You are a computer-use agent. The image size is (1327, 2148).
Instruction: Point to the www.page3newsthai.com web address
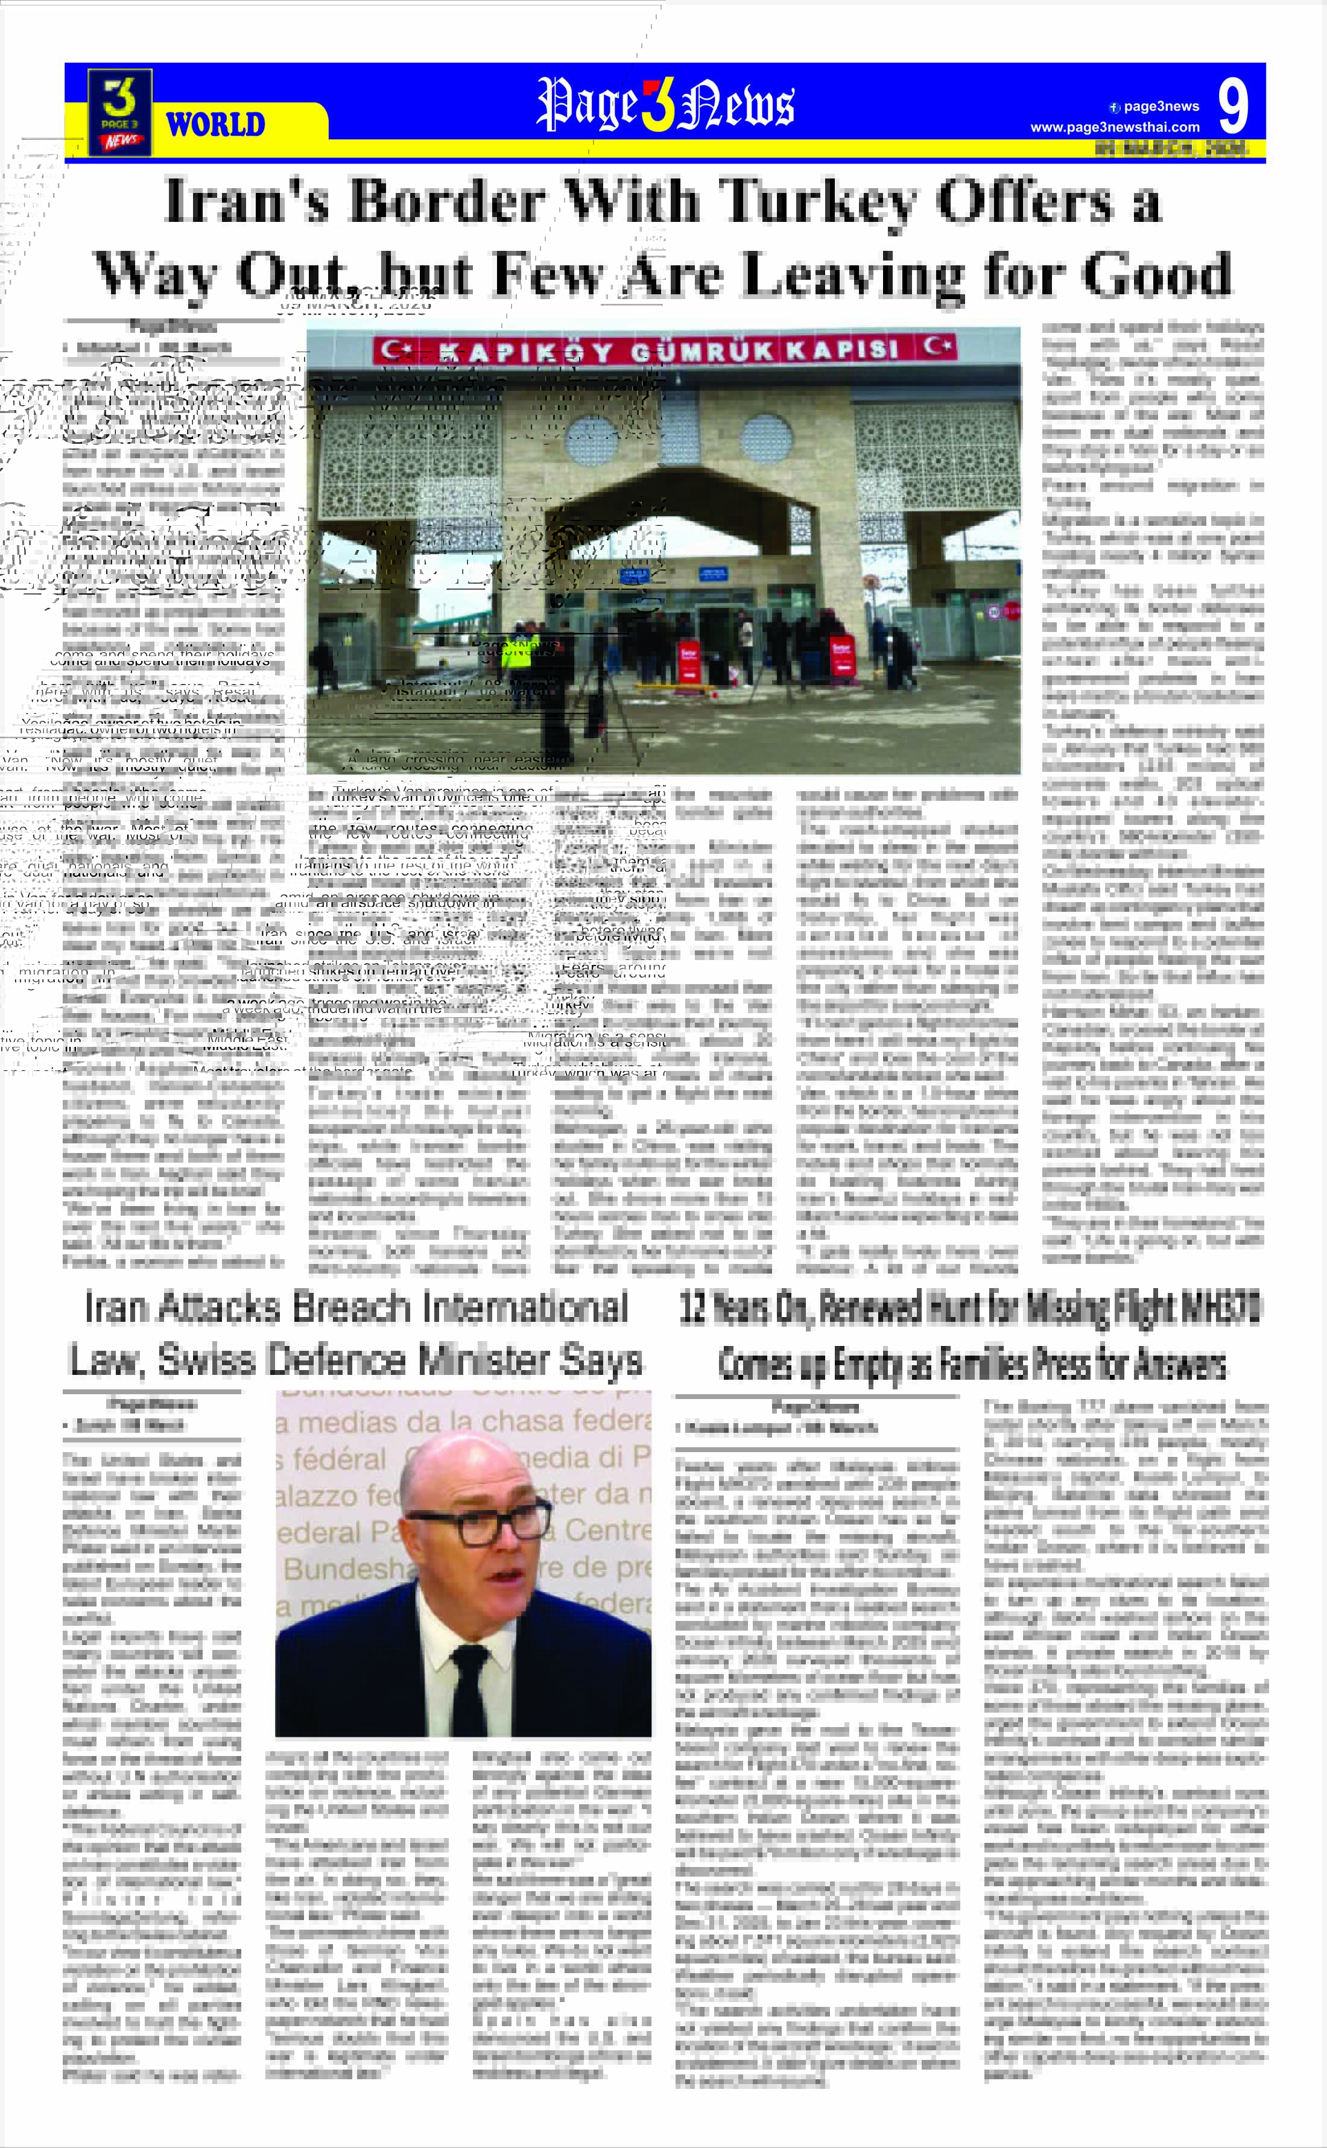(x=1115, y=127)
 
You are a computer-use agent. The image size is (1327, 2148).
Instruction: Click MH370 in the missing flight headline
(x=1220, y=1309)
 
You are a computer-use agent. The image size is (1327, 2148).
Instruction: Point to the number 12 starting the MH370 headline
(x=693, y=1309)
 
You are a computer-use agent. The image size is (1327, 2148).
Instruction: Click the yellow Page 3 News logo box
(x=120, y=112)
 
